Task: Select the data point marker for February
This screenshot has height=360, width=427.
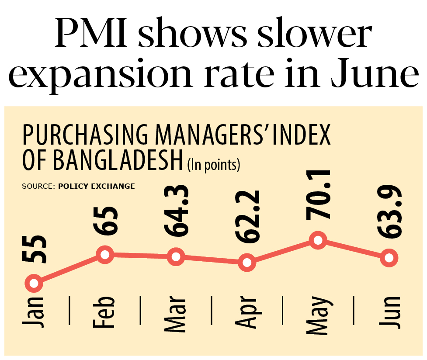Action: coord(105,255)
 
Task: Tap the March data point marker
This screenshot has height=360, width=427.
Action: coord(176,257)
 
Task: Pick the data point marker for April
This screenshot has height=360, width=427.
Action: coord(247,263)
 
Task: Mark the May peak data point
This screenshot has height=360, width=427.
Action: coord(318,241)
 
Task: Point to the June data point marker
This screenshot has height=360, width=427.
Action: coord(389,257)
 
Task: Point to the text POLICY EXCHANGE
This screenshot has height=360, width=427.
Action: coord(96,186)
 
